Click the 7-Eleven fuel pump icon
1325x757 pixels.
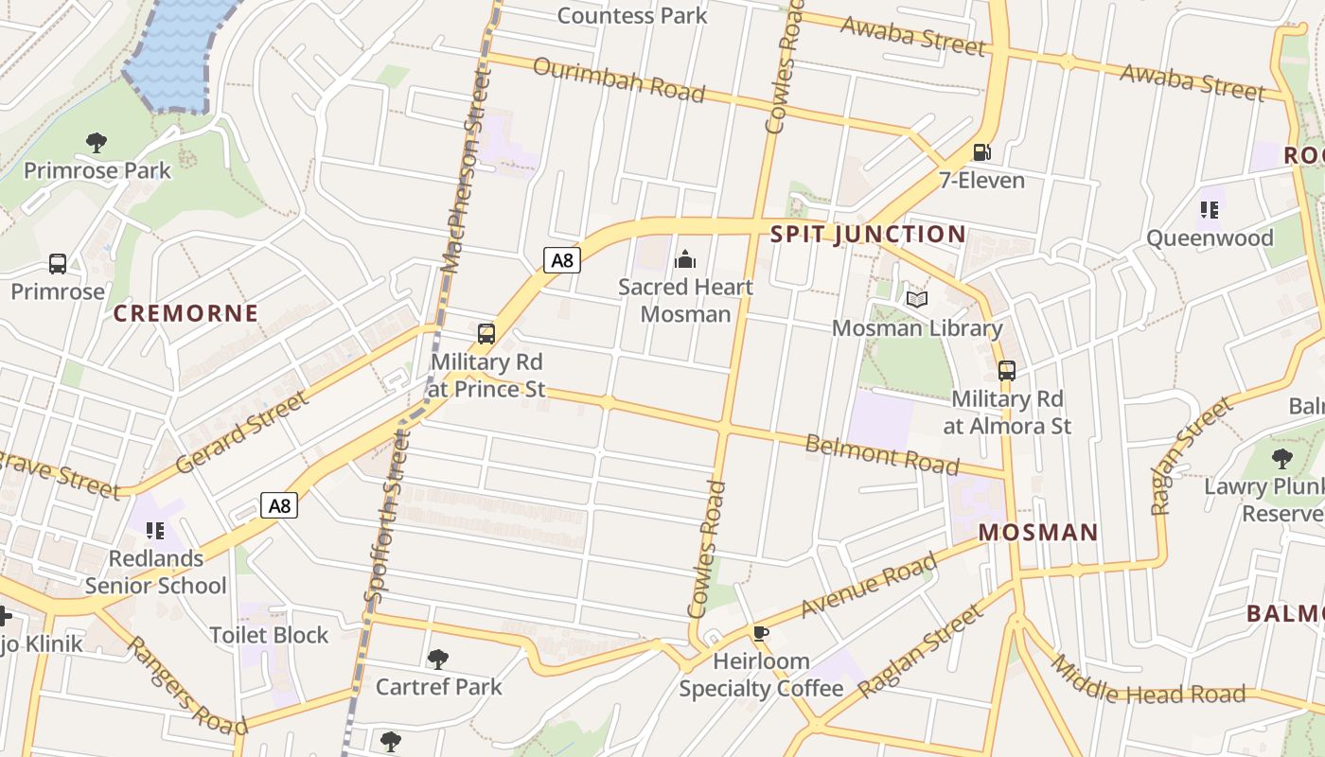point(981,151)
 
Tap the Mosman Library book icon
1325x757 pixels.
point(916,300)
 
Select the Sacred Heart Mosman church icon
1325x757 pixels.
point(684,258)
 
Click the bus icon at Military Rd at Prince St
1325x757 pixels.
point(486,333)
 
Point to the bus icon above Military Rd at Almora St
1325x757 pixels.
point(1007,370)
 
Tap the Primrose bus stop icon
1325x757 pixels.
point(58,264)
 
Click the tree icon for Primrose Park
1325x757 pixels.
point(96,143)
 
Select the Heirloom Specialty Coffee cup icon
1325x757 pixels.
point(760,633)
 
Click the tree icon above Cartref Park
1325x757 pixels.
point(437,659)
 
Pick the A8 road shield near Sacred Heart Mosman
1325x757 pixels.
point(561,259)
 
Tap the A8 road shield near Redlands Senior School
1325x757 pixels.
point(279,505)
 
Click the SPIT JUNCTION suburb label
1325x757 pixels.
point(868,235)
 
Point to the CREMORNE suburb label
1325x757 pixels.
point(185,313)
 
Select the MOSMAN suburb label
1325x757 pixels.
point(1038,532)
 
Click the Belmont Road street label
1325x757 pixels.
point(881,455)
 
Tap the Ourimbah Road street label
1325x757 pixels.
point(619,79)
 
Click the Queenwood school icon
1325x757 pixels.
point(1209,209)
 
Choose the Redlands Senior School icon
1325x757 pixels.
point(155,530)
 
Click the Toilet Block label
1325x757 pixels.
point(269,635)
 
